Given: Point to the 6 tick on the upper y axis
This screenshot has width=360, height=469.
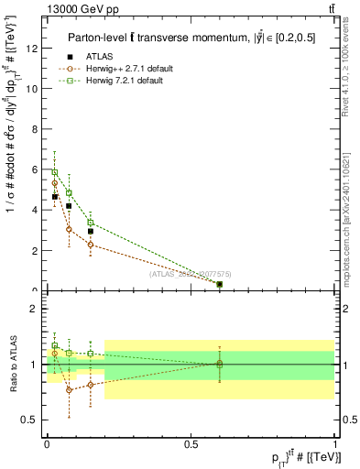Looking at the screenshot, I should [x=33, y=169].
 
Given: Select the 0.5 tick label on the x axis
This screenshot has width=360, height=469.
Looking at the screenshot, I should [x=191, y=443].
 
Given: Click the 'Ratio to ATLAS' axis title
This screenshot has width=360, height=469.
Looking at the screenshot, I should [x=12, y=365].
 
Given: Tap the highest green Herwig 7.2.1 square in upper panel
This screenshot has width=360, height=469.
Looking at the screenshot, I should [x=55, y=172].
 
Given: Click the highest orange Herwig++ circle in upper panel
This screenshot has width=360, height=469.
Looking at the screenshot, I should [x=55, y=183].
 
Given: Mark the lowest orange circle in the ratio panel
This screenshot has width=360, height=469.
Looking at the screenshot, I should [x=69, y=390].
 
